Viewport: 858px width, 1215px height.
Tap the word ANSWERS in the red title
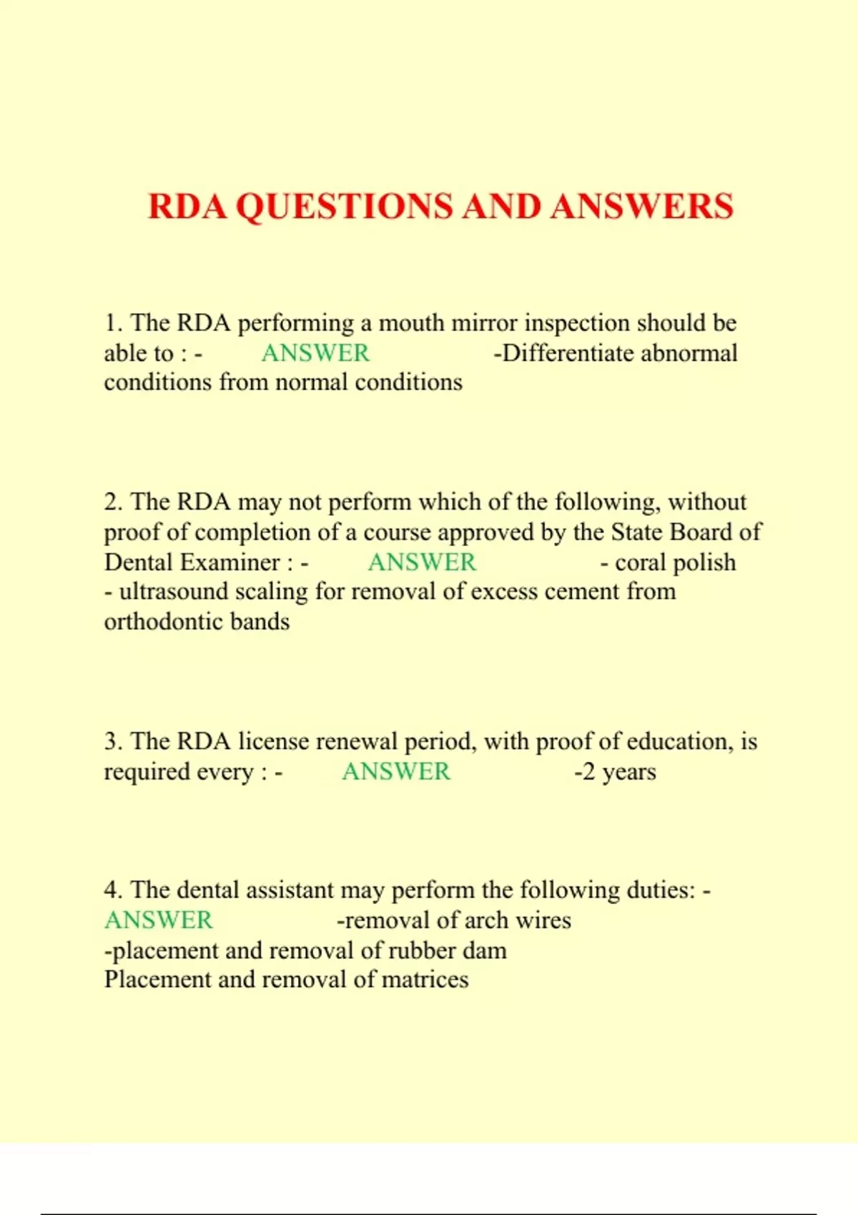point(641,207)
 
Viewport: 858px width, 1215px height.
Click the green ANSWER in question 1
point(315,353)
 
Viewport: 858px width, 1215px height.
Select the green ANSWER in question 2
point(422,562)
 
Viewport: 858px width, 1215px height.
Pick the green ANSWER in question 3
point(396,772)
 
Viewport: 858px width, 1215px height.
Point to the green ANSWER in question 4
point(159,921)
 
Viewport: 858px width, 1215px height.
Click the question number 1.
point(112,323)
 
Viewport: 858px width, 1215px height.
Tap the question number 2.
point(112,502)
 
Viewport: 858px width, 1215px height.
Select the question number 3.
point(112,742)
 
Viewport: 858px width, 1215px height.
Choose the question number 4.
point(112,891)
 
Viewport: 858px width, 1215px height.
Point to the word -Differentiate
point(564,353)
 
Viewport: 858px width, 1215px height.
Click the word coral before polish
point(637,562)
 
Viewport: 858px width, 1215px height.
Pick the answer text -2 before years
point(585,772)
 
